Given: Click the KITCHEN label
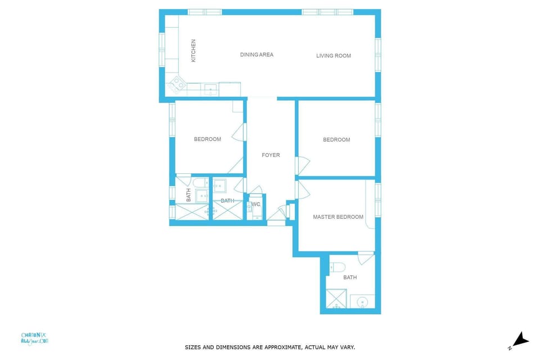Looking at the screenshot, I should [x=193, y=50].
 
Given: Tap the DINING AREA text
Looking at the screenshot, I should [x=256, y=55].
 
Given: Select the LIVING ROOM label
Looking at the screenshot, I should [x=334, y=56].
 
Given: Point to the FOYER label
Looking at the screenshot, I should [x=271, y=155].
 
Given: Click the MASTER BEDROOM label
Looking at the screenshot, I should [x=338, y=217].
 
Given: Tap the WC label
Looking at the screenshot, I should [x=256, y=204].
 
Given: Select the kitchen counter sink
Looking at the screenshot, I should [x=210, y=88].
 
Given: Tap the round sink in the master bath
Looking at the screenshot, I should [x=362, y=302].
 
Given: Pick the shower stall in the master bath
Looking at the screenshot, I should [x=337, y=299].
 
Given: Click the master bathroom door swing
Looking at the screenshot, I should [x=366, y=258].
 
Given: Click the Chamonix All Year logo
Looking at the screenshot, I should [x=35, y=338].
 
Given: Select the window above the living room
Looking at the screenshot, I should [x=327, y=12].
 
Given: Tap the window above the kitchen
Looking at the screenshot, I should [x=205, y=12].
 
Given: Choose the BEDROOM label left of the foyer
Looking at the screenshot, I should [x=208, y=139].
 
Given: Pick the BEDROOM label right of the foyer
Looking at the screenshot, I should [x=336, y=140].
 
